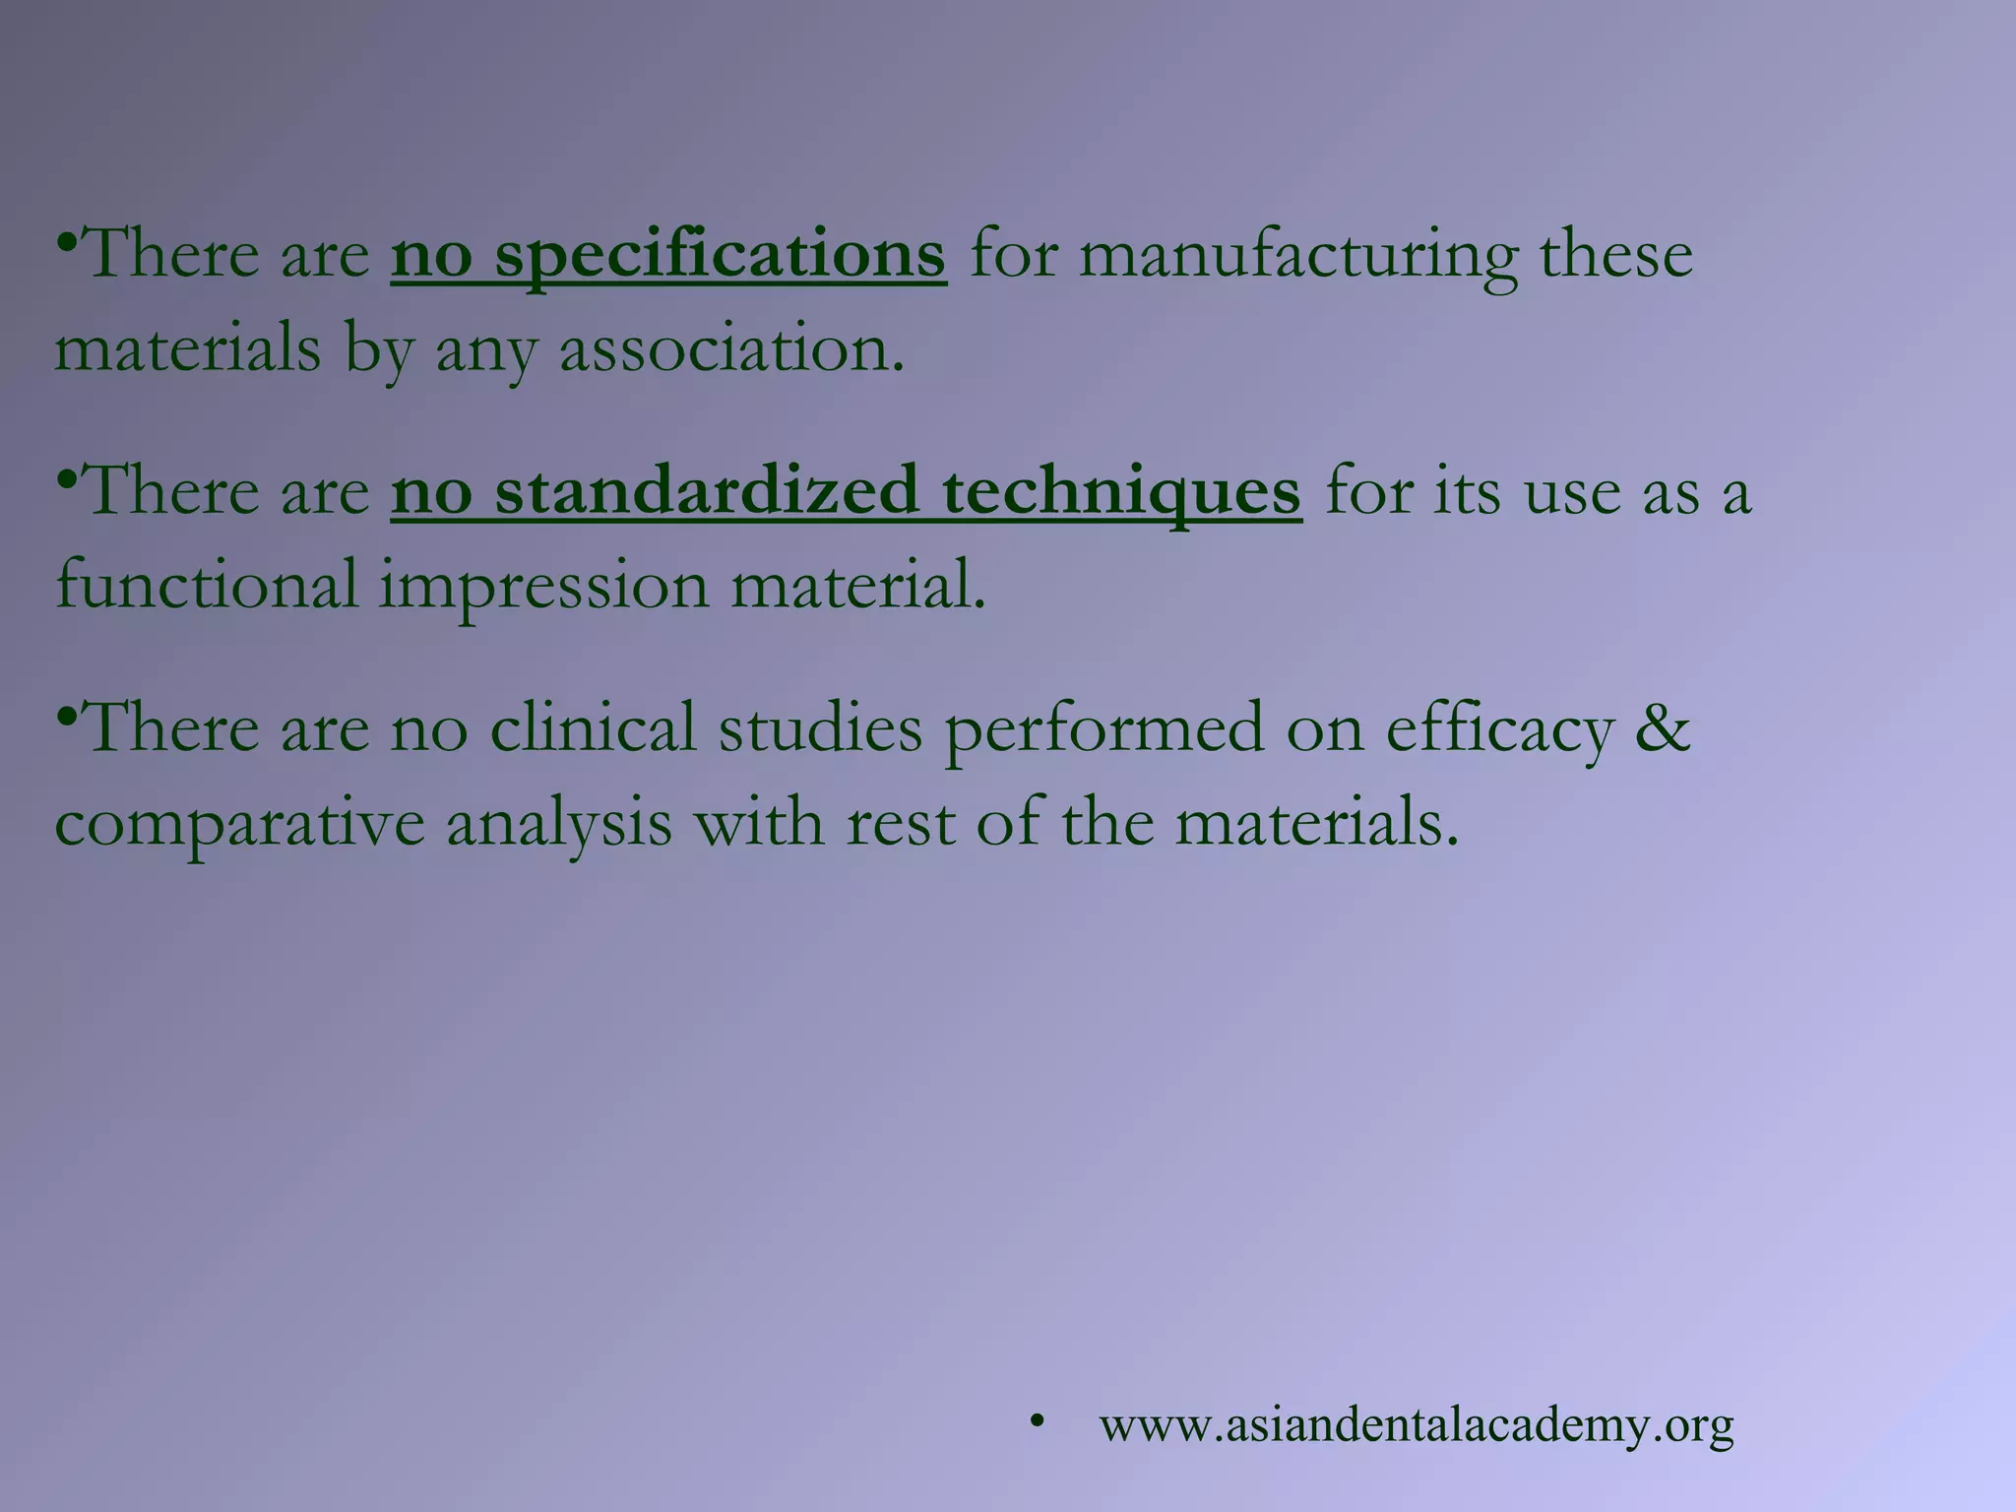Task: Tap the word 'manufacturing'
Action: pyautogui.click(x=1300, y=255)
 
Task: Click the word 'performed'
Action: pyautogui.click(x=1103, y=728)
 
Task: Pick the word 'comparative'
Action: pyautogui.click(x=239, y=823)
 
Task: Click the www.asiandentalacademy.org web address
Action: pyautogui.click(x=1417, y=1425)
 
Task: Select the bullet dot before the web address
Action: pyautogui.click(x=1036, y=1421)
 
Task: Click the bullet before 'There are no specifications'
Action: pyautogui.click(x=67, y=241)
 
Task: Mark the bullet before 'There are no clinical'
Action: pyautogui.click(x=67, y=716)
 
